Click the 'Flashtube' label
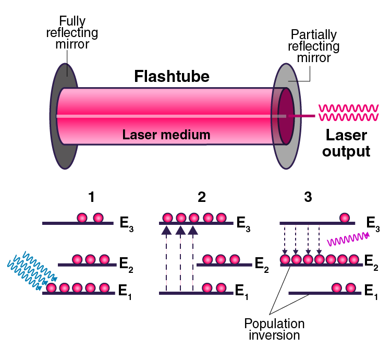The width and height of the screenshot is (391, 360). coord(172,77)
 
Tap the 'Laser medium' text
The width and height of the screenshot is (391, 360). coord(166,135)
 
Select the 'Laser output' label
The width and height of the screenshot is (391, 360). coord(346,144)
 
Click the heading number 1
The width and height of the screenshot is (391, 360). coord(92,197)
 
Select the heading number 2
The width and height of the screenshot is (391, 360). coord(201,197)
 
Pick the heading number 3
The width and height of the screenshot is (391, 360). coord(308,197)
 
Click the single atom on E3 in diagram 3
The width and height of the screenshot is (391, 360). coord(345,218)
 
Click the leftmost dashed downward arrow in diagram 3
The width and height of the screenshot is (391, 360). coord(285,239)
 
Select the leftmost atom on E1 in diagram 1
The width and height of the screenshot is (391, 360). coord(52,287)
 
